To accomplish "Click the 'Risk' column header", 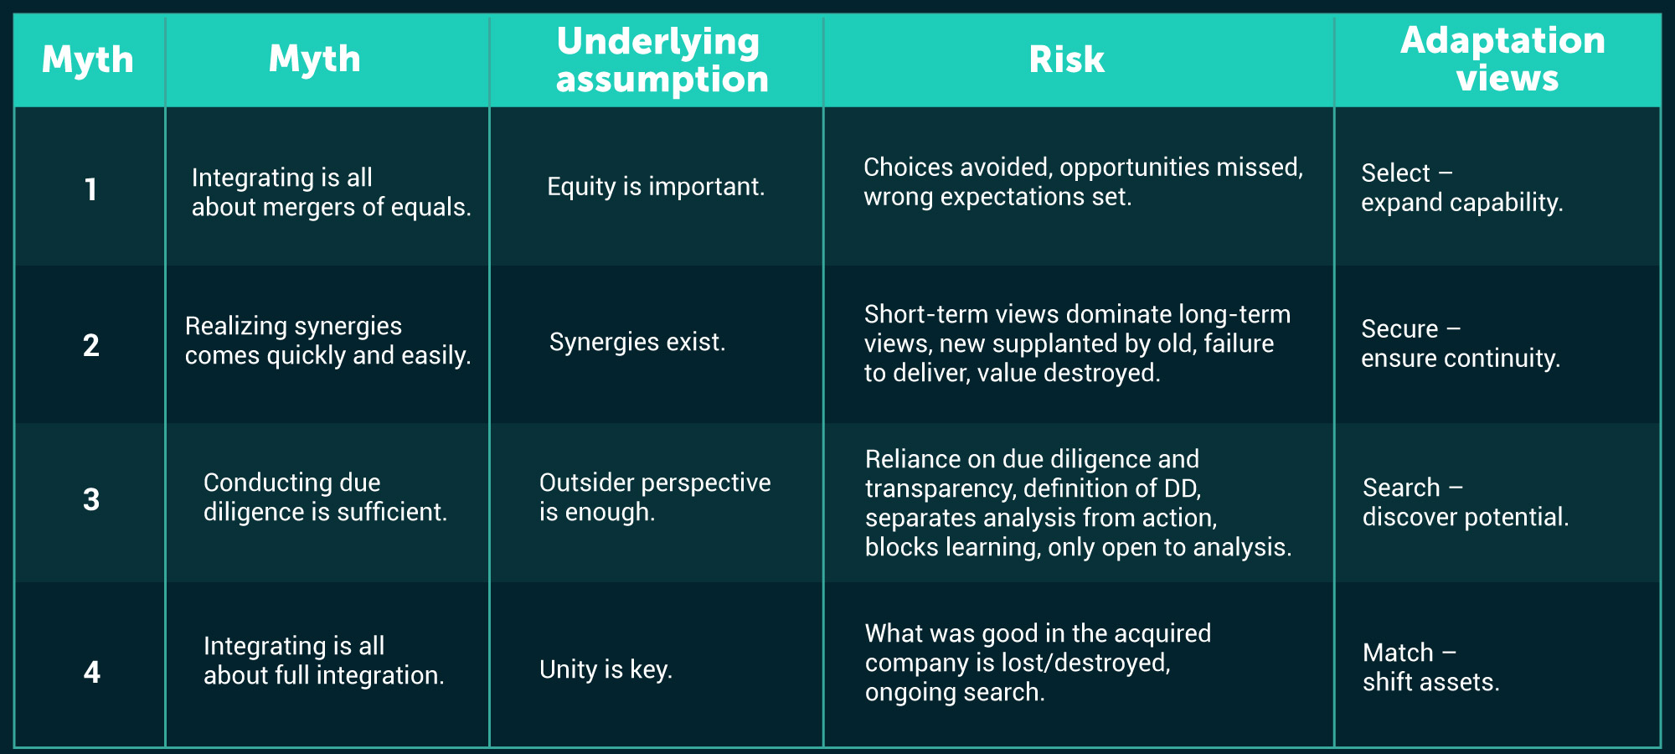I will pos(1066,59).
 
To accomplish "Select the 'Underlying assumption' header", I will pos(662,59).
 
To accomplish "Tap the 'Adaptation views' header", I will pos(1504,59).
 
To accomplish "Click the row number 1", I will pos(90,189).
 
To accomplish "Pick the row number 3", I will pos(91,499).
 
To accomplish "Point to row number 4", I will pos(91,672).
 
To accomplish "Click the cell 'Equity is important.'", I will pos(656,186).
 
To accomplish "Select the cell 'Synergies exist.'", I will pos(637,342).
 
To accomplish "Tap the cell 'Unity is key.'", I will pos(606,669).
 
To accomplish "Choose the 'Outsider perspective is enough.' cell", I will pos(655,497).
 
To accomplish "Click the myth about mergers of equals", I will pos(331,192).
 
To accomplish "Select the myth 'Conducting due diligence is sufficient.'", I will pos(325,497).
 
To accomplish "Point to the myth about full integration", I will pos(323,660).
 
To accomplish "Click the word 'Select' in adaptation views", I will pos(1395,173).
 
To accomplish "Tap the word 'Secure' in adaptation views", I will pos(1399,328).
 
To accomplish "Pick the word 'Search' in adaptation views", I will pos(1401,487).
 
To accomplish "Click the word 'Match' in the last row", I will pos(1398,652).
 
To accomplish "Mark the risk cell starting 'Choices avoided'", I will pos(1083,182).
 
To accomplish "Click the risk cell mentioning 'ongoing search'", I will pos(1038,662).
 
